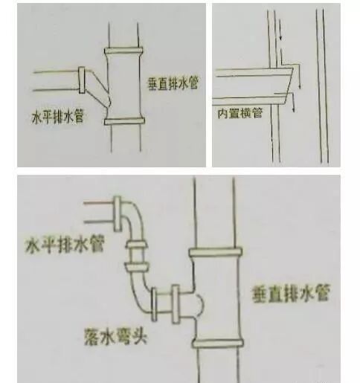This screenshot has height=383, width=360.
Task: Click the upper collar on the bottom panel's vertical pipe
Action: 215,254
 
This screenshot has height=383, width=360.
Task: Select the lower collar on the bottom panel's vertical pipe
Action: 215,343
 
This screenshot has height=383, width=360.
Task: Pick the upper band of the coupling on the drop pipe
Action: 137,246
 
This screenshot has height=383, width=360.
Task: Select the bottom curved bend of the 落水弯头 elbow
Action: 138,295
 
